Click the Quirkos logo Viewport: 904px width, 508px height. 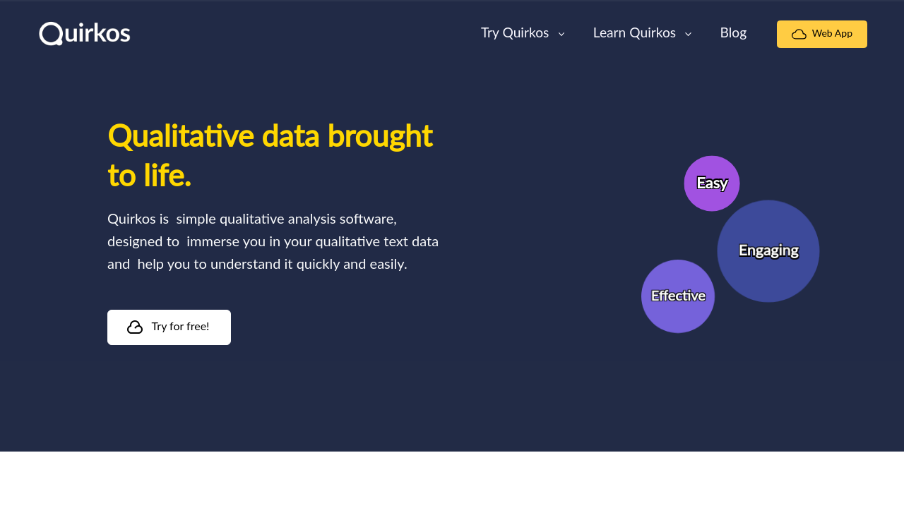[x=85, y=33]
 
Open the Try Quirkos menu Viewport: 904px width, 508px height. [x=515, y=33]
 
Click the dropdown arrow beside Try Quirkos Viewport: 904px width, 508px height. [x=561, y=35]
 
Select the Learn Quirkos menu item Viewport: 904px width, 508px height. [x=634, y=33]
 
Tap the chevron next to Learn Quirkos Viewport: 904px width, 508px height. [x=688, y=35]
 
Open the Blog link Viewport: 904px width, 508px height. [x=733, y=33]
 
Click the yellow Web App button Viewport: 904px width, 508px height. [x=821, y=35]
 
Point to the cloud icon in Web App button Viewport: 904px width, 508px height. [x=799, y=35]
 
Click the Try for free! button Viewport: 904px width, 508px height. [x=169, y=327]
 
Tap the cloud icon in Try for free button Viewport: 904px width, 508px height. [x=135, y=327]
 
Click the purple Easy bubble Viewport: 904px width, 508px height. [x=712, y=183]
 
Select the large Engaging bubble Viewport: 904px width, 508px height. [x=768, y=251]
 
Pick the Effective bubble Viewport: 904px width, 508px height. [x=678, y=296]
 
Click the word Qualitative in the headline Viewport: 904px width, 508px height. [x=181, y=136]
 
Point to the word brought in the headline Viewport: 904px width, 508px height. [x=380, y=137]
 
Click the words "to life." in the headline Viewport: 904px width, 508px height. [x=149, y=176]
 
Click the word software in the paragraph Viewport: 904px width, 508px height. [x=368, y=219]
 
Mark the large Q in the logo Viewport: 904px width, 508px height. [x=51, y=34]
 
